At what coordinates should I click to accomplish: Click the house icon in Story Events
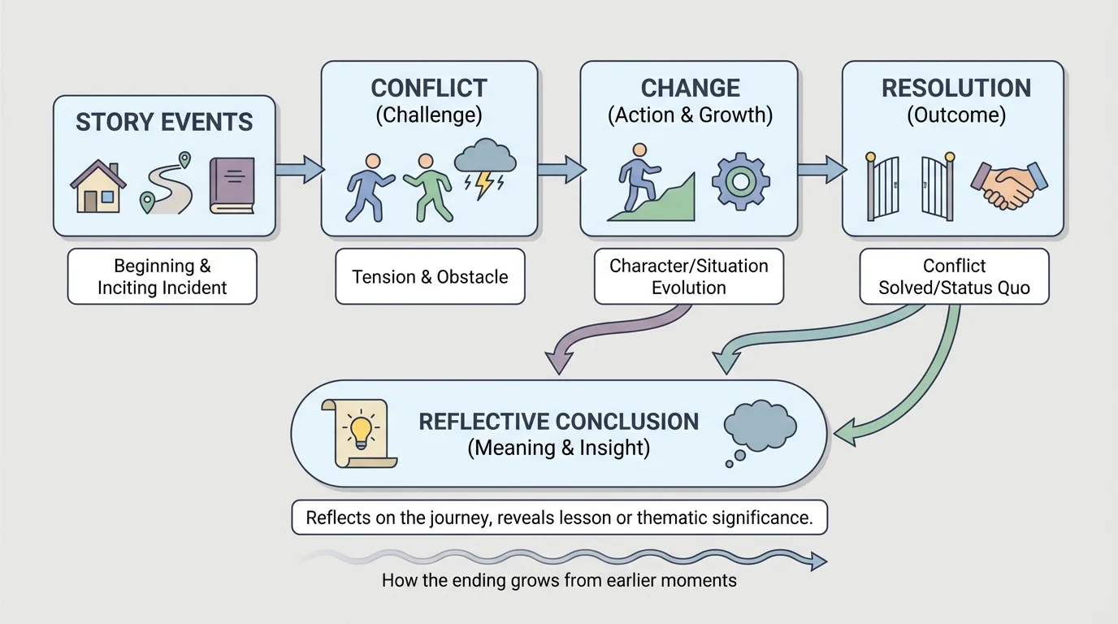point(98,186)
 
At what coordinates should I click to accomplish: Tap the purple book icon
point(232,185)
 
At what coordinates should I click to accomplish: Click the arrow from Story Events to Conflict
point(299,170)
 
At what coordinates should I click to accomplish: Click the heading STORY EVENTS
point(164,122)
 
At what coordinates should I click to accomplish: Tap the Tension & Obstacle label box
point(430,276)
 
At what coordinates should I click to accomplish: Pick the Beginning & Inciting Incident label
point(162,276)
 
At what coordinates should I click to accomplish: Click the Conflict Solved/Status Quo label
point(954,276)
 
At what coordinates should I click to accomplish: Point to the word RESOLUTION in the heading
point(955,88)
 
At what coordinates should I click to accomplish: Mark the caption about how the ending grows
point(558,580)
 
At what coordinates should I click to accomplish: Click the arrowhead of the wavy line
point(819,561)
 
